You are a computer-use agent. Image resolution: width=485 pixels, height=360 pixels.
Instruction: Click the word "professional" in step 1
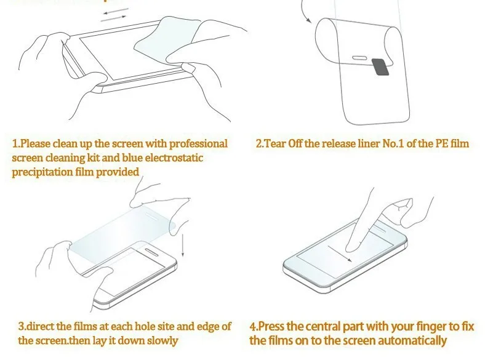(199, 144)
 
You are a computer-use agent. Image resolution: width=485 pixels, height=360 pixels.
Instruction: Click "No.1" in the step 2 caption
(393, 143)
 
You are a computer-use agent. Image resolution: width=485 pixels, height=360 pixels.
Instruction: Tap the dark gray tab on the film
(381, 67)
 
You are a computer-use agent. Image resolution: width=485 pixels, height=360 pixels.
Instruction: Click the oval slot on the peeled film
(359, 58)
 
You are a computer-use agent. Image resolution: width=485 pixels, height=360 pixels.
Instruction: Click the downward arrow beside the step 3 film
(183, 246)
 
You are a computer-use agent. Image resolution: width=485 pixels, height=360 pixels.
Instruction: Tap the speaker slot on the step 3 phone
(153, 251)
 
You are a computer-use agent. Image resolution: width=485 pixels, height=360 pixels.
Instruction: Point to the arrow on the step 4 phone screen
(340, 254)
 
